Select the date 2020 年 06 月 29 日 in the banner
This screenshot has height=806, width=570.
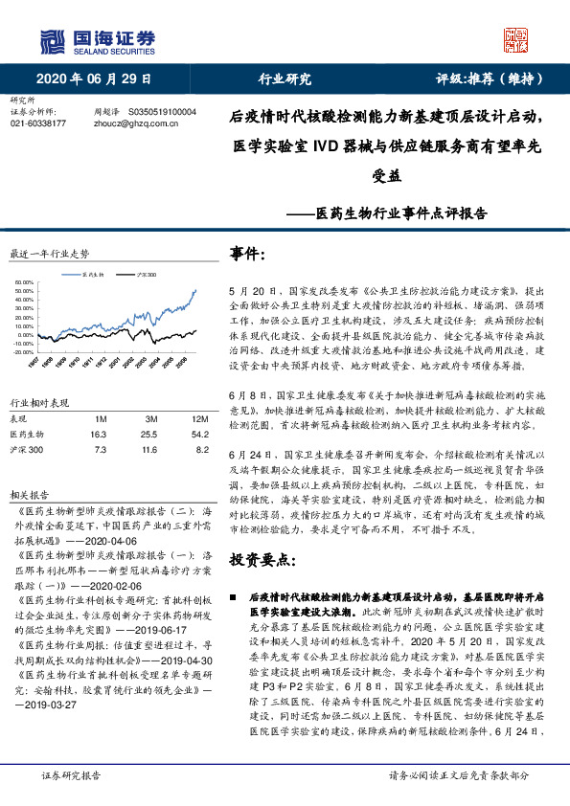coord(97,79)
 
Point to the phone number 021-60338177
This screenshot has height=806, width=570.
coord(37,123)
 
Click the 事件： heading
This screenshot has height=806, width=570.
coord(247,253)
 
